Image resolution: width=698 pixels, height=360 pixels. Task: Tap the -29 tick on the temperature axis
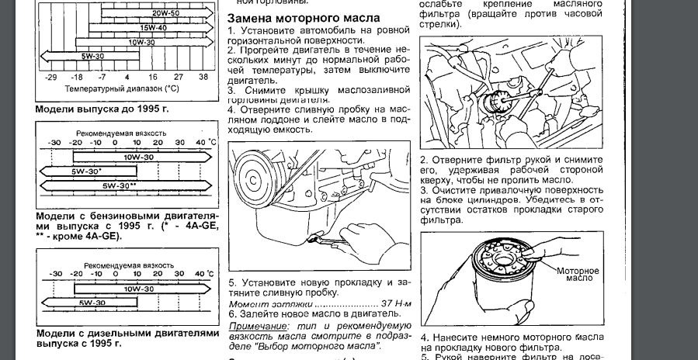[50, 78]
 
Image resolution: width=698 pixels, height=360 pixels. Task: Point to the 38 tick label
[203, 78]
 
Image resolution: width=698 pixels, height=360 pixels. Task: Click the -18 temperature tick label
[76, 78]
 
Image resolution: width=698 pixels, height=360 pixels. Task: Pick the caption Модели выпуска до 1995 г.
[102, 109]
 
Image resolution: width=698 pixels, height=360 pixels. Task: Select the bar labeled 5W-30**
[124, 186]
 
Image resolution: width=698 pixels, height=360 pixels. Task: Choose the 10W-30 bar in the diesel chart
[140, 287]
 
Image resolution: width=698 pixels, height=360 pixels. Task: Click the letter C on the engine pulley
[253, 179]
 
